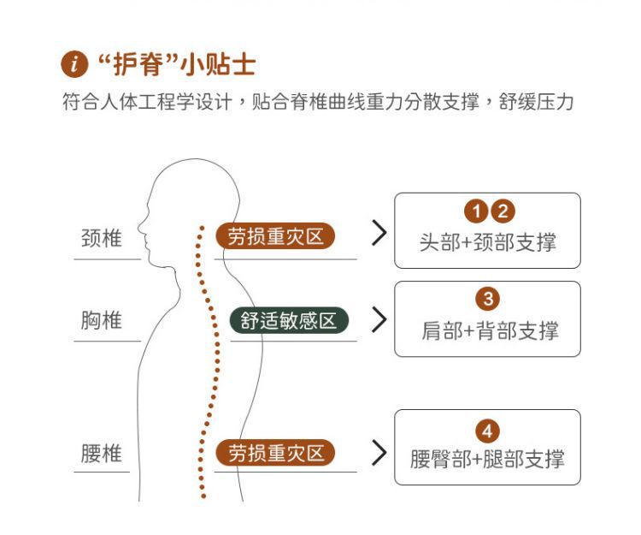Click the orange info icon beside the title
[x=74, y=64]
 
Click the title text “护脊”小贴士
[x=178, y=64]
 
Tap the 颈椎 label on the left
[x=102, y=238]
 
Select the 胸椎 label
[x=102, y=320]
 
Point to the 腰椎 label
[x=102, y=453]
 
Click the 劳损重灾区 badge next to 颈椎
[x=275, y=236]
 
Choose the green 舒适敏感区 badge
[x=289, y=320]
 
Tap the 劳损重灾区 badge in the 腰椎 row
[x=275, y=453]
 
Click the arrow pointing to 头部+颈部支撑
[x=379, y=233]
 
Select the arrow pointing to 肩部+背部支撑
[x=379, y=319]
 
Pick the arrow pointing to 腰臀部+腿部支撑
[x=379, y=453]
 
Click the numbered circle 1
[x=476, y=211]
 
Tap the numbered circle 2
[x=503, y=211]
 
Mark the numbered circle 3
[x=488, y=299]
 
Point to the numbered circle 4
[x=488, y=431]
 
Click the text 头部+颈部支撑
[x=488, y=242]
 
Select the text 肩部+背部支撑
[x=490, y=330]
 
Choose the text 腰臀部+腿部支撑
[x=487, y=459]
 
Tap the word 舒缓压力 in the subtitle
[x=536, y=101]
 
